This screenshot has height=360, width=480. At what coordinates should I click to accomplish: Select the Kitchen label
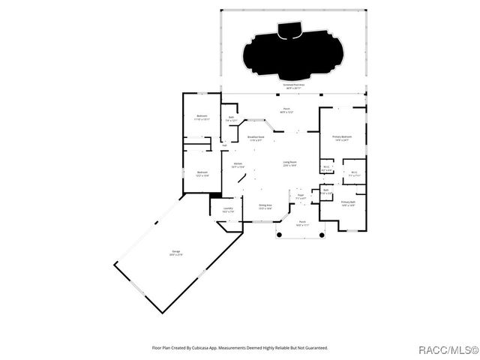[x=238, y=165]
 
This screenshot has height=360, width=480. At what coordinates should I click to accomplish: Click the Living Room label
[x=289, y=163]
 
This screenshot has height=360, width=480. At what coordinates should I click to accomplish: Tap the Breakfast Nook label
[x=256, y=138]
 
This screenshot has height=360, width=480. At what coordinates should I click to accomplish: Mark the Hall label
[x=224, y=145]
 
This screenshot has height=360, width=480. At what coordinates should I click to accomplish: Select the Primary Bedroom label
[x=342, y=138]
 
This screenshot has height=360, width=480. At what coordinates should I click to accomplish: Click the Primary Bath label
[x=348, y=203]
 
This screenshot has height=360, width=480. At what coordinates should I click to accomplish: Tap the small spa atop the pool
[x=289, y=29]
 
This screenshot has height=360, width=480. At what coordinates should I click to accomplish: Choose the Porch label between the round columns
[x=302, y=223]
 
